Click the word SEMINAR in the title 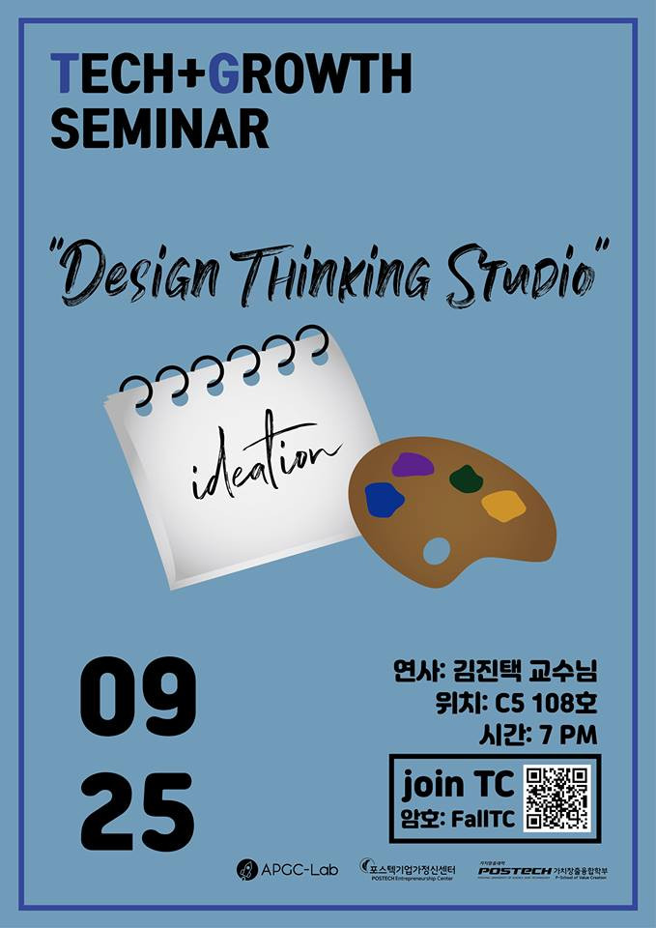click(159, 128)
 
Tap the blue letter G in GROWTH click(223, 73)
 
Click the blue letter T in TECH click(64, 73)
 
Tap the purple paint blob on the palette click(413, 465)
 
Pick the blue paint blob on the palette click(384, 500)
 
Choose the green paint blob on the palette click(467, 478)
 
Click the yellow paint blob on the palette click(503, 505)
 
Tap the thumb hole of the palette click(437, 552)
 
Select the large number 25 click(137, 811)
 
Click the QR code click(556, 797)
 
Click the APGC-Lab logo click(281, 870)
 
